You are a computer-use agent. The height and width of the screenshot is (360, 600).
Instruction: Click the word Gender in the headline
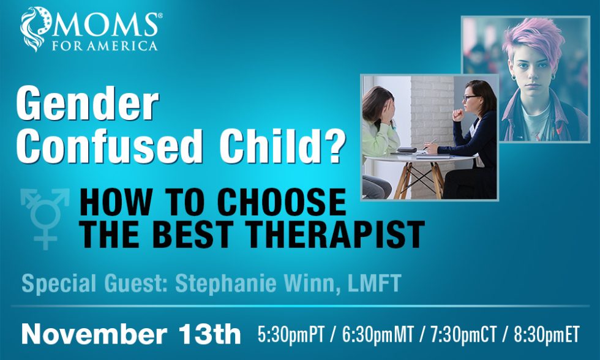(x=87, y=103)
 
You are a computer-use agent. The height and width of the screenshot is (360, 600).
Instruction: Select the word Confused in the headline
(x=110, y=146)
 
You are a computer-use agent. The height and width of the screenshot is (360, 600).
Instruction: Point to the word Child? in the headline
(x=282, y=146)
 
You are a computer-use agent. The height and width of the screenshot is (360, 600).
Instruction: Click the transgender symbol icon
(x=45, y=219)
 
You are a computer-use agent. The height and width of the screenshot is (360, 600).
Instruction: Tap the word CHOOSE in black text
(x=282, y=203)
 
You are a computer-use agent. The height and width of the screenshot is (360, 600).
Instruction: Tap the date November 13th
(x=131, y=334)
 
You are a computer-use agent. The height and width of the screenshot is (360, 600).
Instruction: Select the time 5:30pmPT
(x=290, y=334)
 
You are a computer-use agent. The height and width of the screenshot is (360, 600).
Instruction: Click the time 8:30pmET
(x=546, y=334)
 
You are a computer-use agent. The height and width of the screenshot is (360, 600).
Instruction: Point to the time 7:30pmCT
(x=463, y=334)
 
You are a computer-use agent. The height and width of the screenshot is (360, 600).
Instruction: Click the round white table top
(x=419, y=157)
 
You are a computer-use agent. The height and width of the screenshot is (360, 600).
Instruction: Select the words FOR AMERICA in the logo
(x=105, y=47)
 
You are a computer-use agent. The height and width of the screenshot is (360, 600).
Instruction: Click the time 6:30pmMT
(x=378, y=334)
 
